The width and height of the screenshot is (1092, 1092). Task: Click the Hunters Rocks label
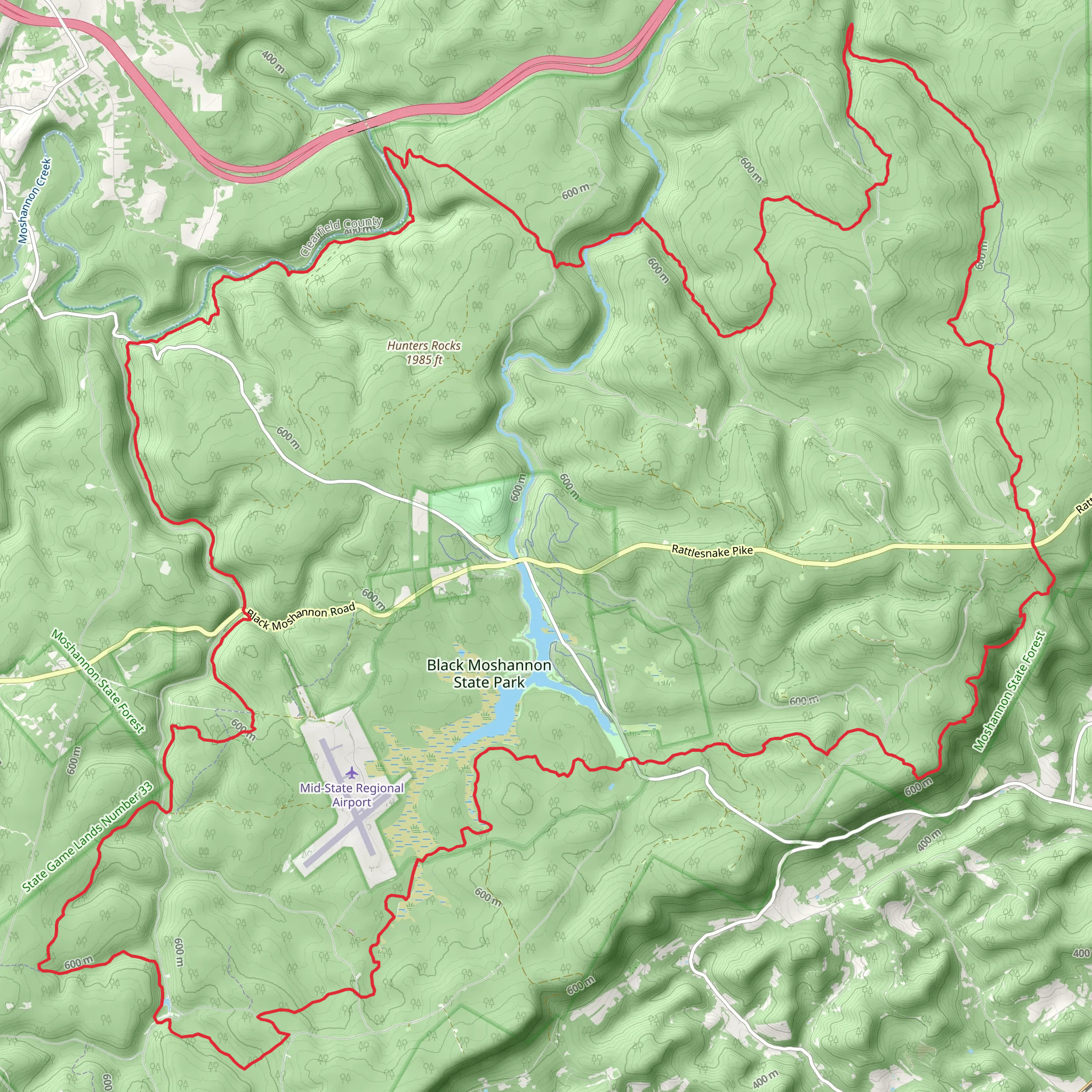tap(423, 346)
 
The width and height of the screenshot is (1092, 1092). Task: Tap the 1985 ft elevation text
tap(423, 359)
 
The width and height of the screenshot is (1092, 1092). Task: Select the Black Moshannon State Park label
tap(489, 673)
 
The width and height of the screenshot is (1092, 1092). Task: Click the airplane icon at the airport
tap(351, 772)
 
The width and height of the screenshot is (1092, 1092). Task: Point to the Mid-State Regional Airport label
tap(351, 794)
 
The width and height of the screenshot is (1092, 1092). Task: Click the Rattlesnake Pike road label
tap(712, 551)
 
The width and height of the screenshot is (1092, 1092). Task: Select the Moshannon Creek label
tap(35, 200)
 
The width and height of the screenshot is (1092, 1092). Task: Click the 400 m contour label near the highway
tap(273, 62)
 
